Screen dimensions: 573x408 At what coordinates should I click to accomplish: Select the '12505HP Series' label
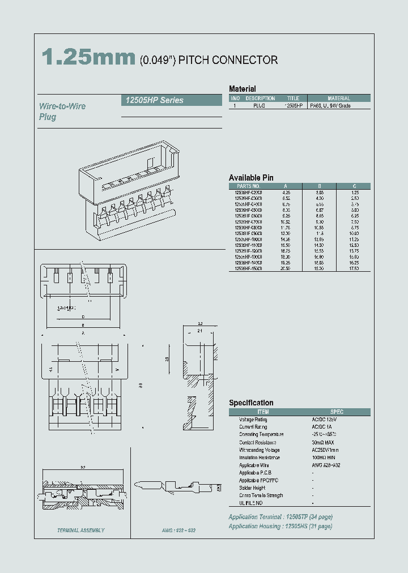(x=152, y=100)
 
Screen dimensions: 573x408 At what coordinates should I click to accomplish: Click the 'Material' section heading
(x=242, y=89)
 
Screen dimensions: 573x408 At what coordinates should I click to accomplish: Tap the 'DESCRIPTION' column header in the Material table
(x=260, y=98)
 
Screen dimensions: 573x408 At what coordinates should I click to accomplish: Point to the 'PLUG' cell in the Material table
(x=260, y=106)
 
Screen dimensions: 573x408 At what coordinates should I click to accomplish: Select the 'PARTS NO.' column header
(x=248, y=186)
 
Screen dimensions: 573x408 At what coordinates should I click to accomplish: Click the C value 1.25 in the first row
(x=354, y=192)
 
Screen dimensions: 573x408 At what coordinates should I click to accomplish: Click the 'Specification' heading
(x=251, y=403)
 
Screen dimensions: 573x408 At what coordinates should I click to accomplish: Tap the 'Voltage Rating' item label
(x=253, y=420)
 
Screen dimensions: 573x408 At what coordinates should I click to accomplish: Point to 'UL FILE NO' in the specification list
(x=251, y=503)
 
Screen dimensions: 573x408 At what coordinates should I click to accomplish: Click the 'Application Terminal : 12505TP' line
(x=280, y=517)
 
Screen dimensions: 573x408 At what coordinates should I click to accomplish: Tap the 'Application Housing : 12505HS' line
(x=280, y=526)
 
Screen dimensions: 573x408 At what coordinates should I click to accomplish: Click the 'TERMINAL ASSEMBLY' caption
(x=80, y=531)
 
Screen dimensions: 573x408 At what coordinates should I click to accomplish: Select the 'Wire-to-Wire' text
(x=62, y=106)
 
